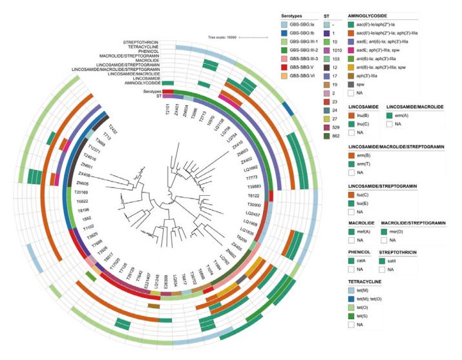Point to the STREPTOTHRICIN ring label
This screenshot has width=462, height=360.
pos(136,41)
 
